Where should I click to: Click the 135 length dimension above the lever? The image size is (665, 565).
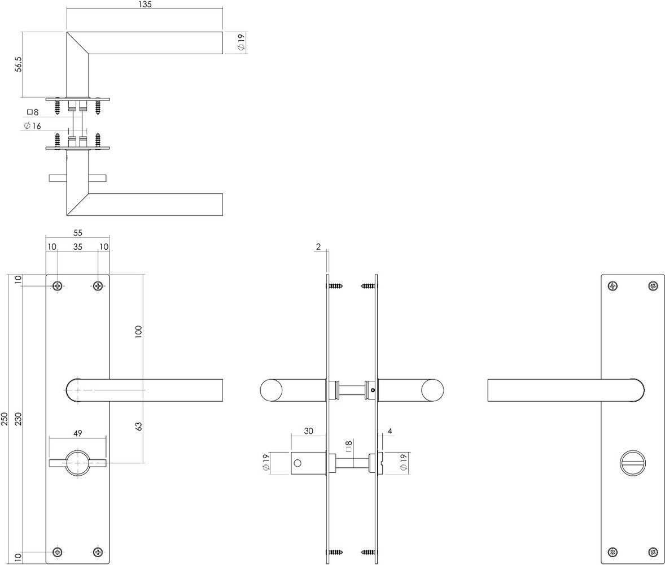click(145, 5)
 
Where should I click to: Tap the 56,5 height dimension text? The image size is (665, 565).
click(19, 64)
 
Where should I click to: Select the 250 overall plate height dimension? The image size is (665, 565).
click(6, 418)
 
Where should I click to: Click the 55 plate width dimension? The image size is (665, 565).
click(77, 232)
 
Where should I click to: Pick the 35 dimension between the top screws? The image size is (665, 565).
click(77, 247)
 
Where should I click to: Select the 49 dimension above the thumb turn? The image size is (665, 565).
click(78, 433)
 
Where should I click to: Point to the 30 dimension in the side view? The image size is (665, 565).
click(308, 431)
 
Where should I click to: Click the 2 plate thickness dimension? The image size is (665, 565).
click(318, 247)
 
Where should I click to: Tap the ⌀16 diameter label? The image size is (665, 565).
click(33, 126)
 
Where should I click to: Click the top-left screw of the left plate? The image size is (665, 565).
click(57, 286)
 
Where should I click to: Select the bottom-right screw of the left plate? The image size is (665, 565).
click(98, 552)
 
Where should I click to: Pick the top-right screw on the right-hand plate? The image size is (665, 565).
click(653, 286)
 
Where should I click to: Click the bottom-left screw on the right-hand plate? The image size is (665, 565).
click(612, 552)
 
